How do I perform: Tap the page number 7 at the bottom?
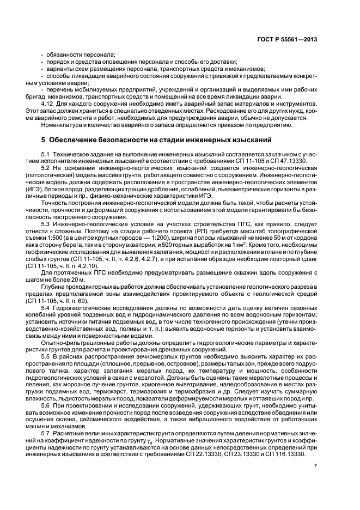pos(315,466)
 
